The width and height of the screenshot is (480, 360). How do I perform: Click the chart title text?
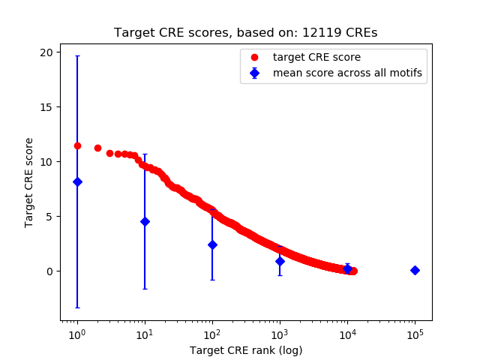pyautogui.click(x=246, y=33)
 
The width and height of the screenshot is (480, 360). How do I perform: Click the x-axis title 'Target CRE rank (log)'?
pyautogui.click(x=246, y=350)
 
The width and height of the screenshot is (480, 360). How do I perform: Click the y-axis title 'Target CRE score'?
pyautogui.click(x=29, y=182)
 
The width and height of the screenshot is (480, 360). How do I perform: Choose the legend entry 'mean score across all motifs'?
pyautogui.click(x=346, y=73)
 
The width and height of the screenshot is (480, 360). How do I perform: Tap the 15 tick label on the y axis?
pyautogui.click(x=47, y=107)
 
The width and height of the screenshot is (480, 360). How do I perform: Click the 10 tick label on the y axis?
pyautogui.click(x=47, y=162)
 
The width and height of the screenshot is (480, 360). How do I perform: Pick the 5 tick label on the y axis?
pyautogui.click(x=50, y=217)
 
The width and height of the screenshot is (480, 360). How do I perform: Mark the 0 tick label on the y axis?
pyautogui.click(x=50, y=271)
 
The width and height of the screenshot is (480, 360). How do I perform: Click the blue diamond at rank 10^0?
pyautogui.click(x=77, y=181)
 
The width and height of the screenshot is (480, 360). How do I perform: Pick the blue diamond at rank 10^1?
pyautogui.click(x=145, y=221)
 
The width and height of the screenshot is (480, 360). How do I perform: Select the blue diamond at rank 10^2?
pyautogui.click(x=212, y=244)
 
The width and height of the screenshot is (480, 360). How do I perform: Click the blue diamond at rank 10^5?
pyautogui.click(x=415, y=270)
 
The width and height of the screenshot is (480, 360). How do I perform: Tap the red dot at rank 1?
pyautogui.click(x=77, y=145)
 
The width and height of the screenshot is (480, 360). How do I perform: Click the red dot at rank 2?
pyautogui.click(x=97, y=148)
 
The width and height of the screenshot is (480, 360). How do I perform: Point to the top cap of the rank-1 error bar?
pyautogui.click(x=77, y=56)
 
